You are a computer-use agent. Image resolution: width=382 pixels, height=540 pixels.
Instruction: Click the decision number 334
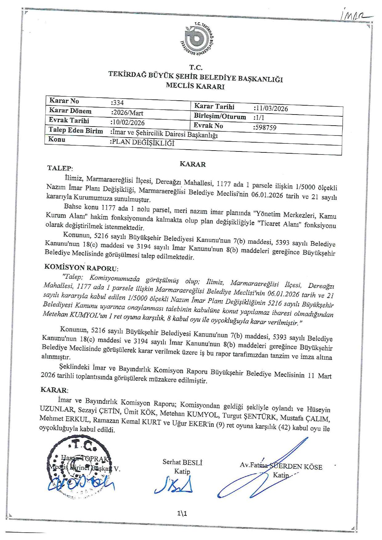point(117,103)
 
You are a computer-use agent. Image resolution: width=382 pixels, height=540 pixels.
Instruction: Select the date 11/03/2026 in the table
point(271,109)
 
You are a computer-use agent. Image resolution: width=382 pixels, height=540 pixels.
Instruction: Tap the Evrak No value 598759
point(265,127)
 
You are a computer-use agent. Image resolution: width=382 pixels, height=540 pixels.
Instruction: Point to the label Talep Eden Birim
point(76,131)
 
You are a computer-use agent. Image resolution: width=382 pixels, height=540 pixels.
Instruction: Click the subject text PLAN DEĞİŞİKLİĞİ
point(142,143)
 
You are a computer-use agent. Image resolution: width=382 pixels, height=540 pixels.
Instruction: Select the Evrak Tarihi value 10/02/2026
point(128,123)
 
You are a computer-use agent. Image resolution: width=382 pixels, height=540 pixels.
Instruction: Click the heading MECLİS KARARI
point(195,86)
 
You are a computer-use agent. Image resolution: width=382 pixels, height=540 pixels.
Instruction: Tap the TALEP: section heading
point(60,168)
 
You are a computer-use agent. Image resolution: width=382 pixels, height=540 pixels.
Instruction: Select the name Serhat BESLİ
point(182,462)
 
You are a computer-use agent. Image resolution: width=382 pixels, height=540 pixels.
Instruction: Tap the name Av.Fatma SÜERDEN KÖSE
point(281,466)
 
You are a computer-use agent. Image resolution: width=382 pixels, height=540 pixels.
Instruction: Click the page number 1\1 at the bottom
point(182,513)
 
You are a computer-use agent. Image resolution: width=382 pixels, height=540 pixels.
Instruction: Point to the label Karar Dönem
point(70,111)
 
